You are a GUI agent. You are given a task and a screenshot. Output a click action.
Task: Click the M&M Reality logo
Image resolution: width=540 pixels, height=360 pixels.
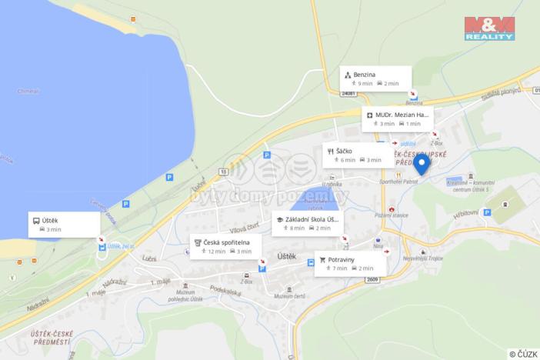[489, 28]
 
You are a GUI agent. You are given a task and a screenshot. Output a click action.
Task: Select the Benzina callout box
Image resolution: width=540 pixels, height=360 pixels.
[375, 78]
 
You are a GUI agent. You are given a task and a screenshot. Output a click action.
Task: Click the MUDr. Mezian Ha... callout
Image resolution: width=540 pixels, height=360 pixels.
[397, 118]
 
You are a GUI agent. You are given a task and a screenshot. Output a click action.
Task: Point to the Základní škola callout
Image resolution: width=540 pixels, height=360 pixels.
[307, 223]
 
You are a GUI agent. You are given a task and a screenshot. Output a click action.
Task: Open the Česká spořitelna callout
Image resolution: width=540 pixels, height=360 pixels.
[226, 246]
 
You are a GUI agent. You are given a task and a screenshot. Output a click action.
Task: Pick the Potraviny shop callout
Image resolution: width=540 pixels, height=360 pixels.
[350, 264]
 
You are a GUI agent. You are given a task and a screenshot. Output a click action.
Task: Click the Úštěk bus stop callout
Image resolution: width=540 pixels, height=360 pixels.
[64, 224]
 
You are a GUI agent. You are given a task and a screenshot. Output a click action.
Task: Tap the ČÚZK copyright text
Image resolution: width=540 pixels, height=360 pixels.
[522, 353]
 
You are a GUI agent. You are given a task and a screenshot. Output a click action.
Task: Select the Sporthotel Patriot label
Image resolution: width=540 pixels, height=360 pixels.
[399, 182]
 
